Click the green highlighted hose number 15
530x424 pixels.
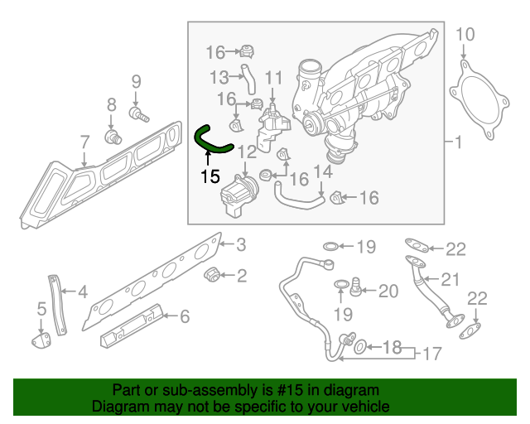(210, 142)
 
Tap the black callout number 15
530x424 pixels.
(210, 176)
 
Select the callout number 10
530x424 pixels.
(466, 34)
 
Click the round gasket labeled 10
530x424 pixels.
(475, 104)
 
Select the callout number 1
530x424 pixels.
(458, 142)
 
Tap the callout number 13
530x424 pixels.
(219, 77)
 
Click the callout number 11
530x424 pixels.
(273, 78)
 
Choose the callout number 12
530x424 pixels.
(248, 152)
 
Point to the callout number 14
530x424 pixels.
(323, 172)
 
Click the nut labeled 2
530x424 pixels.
(211, 274)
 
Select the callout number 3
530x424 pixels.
(240, 244)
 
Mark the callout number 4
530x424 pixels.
(82, 291)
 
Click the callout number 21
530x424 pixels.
(449, 278)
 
